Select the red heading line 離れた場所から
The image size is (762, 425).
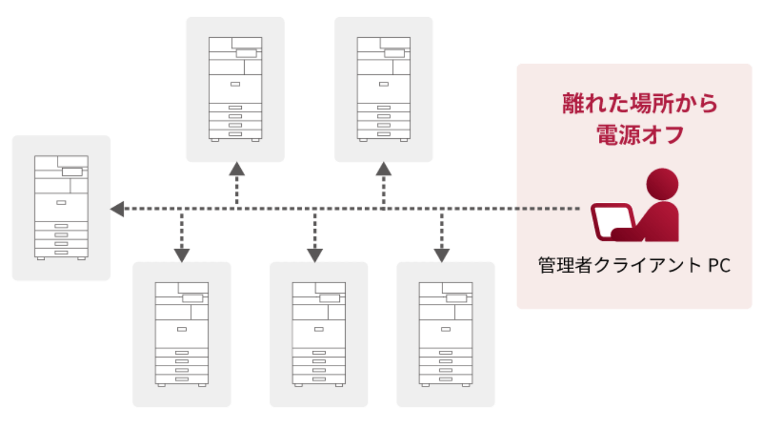click(640, 104)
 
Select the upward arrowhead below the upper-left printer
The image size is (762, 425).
click(237, 169)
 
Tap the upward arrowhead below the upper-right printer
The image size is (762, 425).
click(384, 169)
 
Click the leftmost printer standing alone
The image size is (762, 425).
click(61, 207)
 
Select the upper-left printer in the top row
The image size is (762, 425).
click(235, 89)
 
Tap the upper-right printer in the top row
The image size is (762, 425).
click(383, 89)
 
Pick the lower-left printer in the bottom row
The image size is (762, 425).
click(181, 334)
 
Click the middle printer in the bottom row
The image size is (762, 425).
click(318, 334)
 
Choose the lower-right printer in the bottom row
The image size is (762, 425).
click(445, 334)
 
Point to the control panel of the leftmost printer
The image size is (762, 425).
click(72, 171)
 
